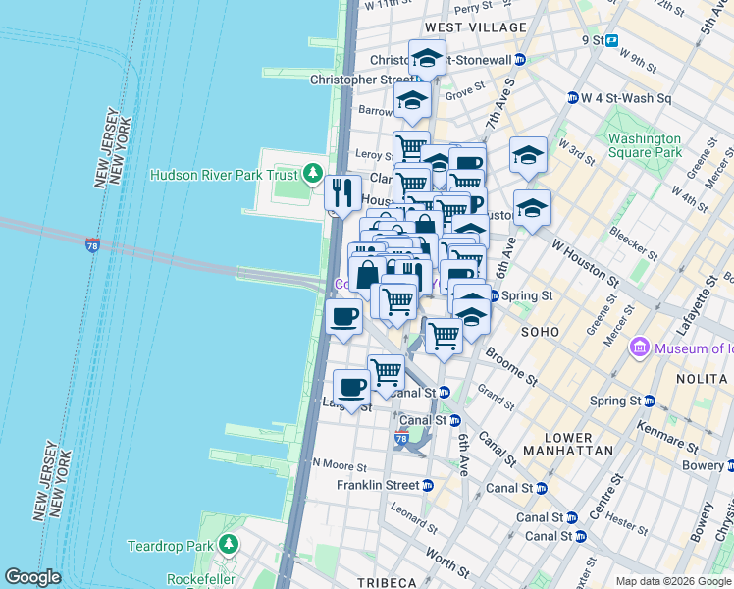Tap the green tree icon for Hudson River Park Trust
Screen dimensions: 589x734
coord(313,174)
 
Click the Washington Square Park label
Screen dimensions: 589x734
coord(644,146)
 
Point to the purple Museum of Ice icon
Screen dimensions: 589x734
coord(641,347)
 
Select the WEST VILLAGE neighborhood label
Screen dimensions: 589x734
coord(462,27)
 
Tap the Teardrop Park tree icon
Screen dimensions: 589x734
coord(229,544)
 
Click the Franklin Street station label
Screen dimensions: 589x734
coord(377,485)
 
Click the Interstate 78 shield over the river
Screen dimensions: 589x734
coord(92,243)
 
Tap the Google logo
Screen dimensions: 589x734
coord(32,577)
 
